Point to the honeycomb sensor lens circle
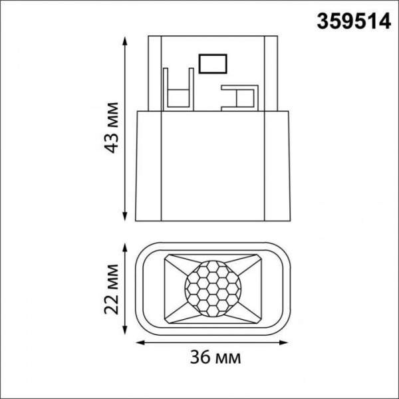point(212,287)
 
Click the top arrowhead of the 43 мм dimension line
point(126,39)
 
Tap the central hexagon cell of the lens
point(212,287)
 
